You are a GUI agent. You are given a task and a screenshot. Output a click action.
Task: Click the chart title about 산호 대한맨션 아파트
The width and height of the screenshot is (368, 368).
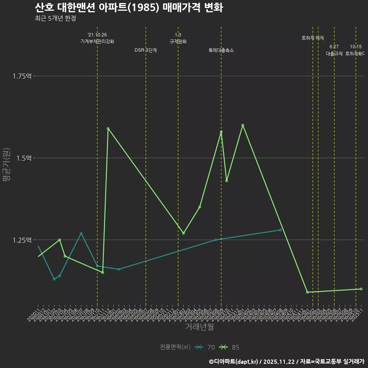point(129,8)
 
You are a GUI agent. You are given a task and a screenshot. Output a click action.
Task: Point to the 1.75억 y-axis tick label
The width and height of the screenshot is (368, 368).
point(22,76)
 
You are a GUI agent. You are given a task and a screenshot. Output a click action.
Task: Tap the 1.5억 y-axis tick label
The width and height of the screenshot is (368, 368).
point(23,158)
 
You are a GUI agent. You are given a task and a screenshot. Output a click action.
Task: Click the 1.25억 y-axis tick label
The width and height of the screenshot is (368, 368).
point(22,240)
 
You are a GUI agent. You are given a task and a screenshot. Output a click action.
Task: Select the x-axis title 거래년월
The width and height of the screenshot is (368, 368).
point(199,327)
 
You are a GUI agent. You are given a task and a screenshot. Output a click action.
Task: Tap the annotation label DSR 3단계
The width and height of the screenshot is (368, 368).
point(146,50)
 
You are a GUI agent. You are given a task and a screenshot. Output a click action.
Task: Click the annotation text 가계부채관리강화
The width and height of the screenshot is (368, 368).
point(97,41)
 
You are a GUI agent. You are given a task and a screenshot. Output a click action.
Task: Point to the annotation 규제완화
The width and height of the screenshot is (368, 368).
point(178,41)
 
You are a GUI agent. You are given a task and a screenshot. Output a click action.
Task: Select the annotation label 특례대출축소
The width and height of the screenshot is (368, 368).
point(221,50)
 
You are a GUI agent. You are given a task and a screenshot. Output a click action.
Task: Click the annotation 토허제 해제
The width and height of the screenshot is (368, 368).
point(313,38)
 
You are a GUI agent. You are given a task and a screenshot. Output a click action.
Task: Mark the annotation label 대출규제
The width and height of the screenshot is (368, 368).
point(334,54)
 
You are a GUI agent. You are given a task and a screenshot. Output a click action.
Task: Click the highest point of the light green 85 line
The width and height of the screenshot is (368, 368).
point(243,125)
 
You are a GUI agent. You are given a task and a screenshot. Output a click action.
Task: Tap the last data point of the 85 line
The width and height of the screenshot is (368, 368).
point(361,289)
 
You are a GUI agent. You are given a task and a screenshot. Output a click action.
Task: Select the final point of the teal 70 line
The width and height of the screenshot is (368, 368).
point(281,230)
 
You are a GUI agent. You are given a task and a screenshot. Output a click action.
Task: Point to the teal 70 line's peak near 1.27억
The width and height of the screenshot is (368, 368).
point(81,233)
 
